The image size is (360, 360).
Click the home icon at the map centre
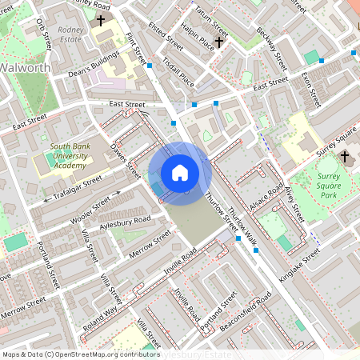(x=180, y=172)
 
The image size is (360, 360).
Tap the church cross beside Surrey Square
(x=346, y=157)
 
